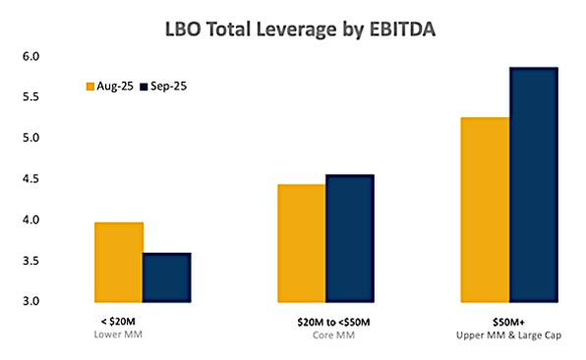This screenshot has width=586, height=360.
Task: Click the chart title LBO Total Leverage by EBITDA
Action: tap(300, 30)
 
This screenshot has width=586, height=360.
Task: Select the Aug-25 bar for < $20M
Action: tap(119, 262)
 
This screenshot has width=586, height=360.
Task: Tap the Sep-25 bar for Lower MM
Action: tap(167, 277)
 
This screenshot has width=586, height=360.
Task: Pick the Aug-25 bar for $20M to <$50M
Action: tap(302, 243)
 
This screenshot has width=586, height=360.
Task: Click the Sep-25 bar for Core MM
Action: tap(350, 238)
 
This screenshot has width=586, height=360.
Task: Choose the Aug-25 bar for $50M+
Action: tap(485, 210)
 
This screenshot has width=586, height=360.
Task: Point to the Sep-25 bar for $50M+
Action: tap(534, 185)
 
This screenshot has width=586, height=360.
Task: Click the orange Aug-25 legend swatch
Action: tap(90, 87)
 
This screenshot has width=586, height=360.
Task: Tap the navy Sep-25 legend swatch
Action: tap(144, 87)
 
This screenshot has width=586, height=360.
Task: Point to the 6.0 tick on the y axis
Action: tap(31, 56)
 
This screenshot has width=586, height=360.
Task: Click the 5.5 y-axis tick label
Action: tap(31, 97)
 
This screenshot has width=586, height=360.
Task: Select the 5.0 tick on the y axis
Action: tap(31, 138)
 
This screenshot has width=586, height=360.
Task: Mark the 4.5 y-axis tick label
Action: tap(31, 179)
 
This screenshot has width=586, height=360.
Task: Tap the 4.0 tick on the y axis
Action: tap(31, 219)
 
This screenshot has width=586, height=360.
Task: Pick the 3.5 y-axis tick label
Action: tap(31, 261)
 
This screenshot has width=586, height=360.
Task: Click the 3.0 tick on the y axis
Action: tap(31, 301)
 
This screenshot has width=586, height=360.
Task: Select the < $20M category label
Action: tap(118, 322)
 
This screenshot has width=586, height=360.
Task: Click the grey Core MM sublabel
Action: tap(333, 335)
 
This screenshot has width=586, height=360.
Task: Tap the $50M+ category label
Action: tap(508, 322)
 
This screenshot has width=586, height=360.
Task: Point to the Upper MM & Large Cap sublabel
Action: tap(508, 335)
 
